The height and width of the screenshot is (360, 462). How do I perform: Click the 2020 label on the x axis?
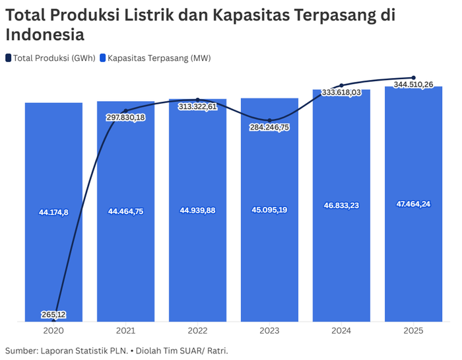53,330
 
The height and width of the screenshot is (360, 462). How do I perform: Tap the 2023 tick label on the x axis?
269,330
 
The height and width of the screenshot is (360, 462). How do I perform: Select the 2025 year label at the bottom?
413,330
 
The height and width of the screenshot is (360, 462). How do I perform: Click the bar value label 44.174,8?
53,212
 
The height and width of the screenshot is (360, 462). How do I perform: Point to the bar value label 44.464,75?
125,211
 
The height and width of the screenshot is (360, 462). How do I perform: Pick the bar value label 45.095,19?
269,210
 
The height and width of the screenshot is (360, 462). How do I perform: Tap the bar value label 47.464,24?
413,203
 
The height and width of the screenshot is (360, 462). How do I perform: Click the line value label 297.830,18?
125,117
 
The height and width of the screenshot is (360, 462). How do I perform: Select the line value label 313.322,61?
197,106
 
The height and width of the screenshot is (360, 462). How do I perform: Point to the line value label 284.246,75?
269,127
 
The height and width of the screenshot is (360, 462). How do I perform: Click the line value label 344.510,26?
413,85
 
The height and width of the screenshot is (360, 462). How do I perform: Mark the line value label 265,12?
53,314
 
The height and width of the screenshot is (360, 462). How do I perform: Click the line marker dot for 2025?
413,77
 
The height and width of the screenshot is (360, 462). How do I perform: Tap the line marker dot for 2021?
125,110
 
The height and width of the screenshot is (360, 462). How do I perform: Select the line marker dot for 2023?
269,120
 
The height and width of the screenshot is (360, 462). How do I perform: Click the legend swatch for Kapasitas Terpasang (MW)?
103,58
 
